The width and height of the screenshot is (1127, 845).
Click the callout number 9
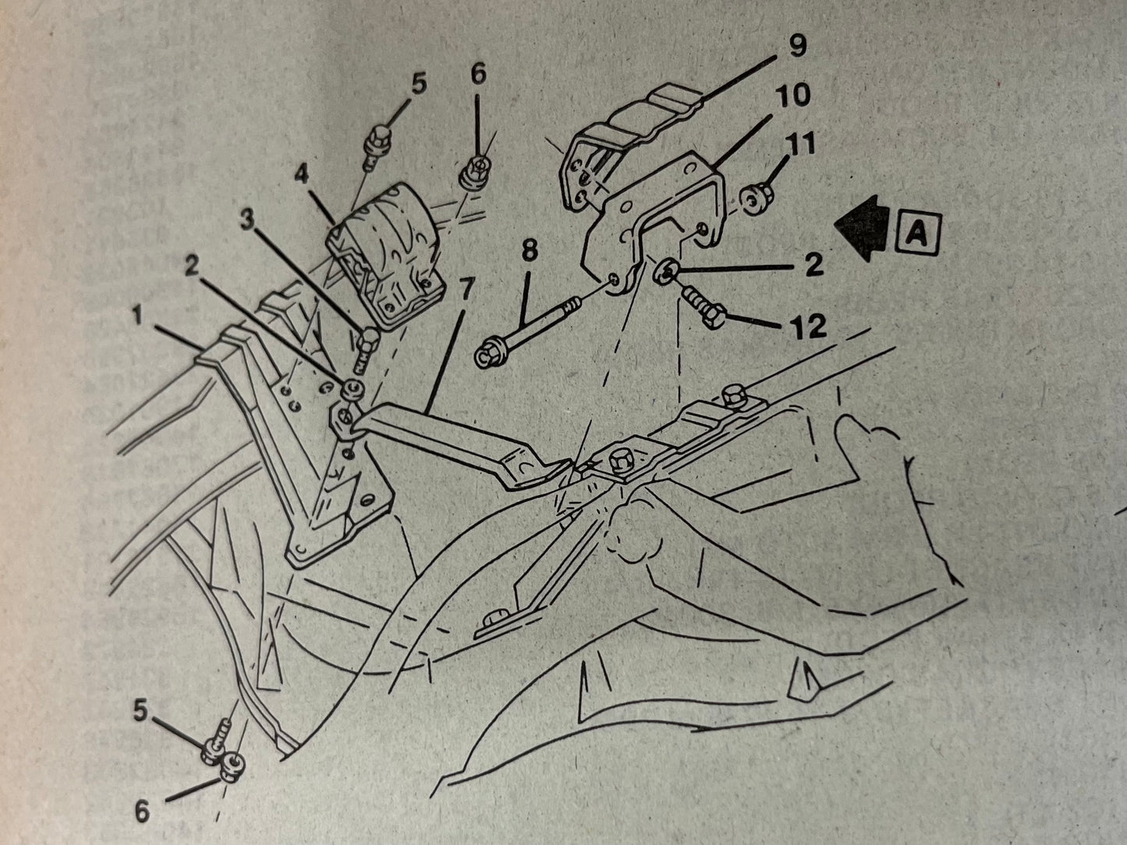797,46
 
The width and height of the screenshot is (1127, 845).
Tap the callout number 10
792,95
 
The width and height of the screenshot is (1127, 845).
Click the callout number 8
530,250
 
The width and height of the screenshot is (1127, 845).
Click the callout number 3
247,220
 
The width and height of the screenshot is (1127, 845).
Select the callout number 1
137,315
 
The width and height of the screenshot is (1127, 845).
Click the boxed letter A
918,234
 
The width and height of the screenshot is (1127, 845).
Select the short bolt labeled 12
703,307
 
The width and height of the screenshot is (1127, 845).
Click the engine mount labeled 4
385,255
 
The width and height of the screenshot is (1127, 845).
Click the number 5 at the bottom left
140,711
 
